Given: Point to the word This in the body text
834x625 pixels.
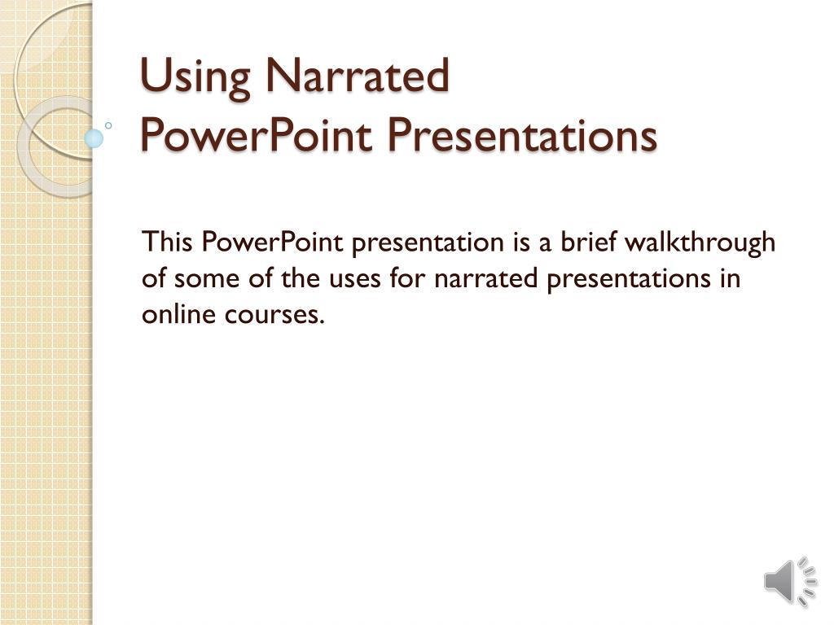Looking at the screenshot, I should pos(168,243).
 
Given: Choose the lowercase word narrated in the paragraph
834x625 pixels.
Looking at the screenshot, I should pos(486,278).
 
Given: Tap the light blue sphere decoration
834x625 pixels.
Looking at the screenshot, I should pos(94,138).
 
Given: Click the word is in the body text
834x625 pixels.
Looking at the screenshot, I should pos(521,243).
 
